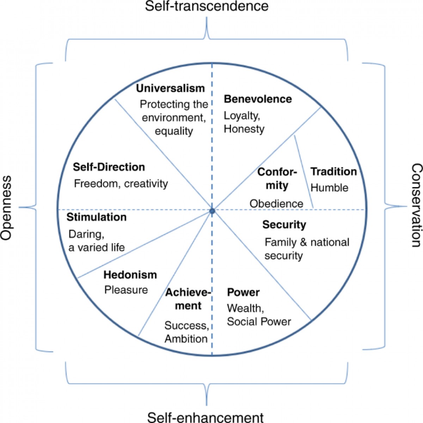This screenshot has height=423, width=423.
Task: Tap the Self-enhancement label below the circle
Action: (206, 417)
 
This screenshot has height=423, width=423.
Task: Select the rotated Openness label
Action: (6, 207)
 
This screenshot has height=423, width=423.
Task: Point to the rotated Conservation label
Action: (416, 205)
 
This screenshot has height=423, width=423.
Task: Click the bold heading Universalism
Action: (170, 88)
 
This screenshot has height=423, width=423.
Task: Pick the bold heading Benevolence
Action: (258, 99)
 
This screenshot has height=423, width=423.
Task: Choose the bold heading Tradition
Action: (333, 171)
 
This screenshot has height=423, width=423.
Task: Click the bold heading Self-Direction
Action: (109, 167)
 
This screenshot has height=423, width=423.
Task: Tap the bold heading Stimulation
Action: (97, 217)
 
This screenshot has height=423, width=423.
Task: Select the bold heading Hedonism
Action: (130, 275)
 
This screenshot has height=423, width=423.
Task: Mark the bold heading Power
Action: (243, 292)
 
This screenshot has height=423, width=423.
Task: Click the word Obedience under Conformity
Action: (276, 204)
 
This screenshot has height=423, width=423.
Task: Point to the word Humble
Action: (329, 188)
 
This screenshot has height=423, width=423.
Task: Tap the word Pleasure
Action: (126, 290)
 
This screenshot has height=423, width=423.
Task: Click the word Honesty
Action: (244, 129)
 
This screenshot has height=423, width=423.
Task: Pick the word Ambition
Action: (186, 339)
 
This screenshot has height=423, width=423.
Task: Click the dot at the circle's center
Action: (212, 211)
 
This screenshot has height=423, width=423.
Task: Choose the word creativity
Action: (146, 184)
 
